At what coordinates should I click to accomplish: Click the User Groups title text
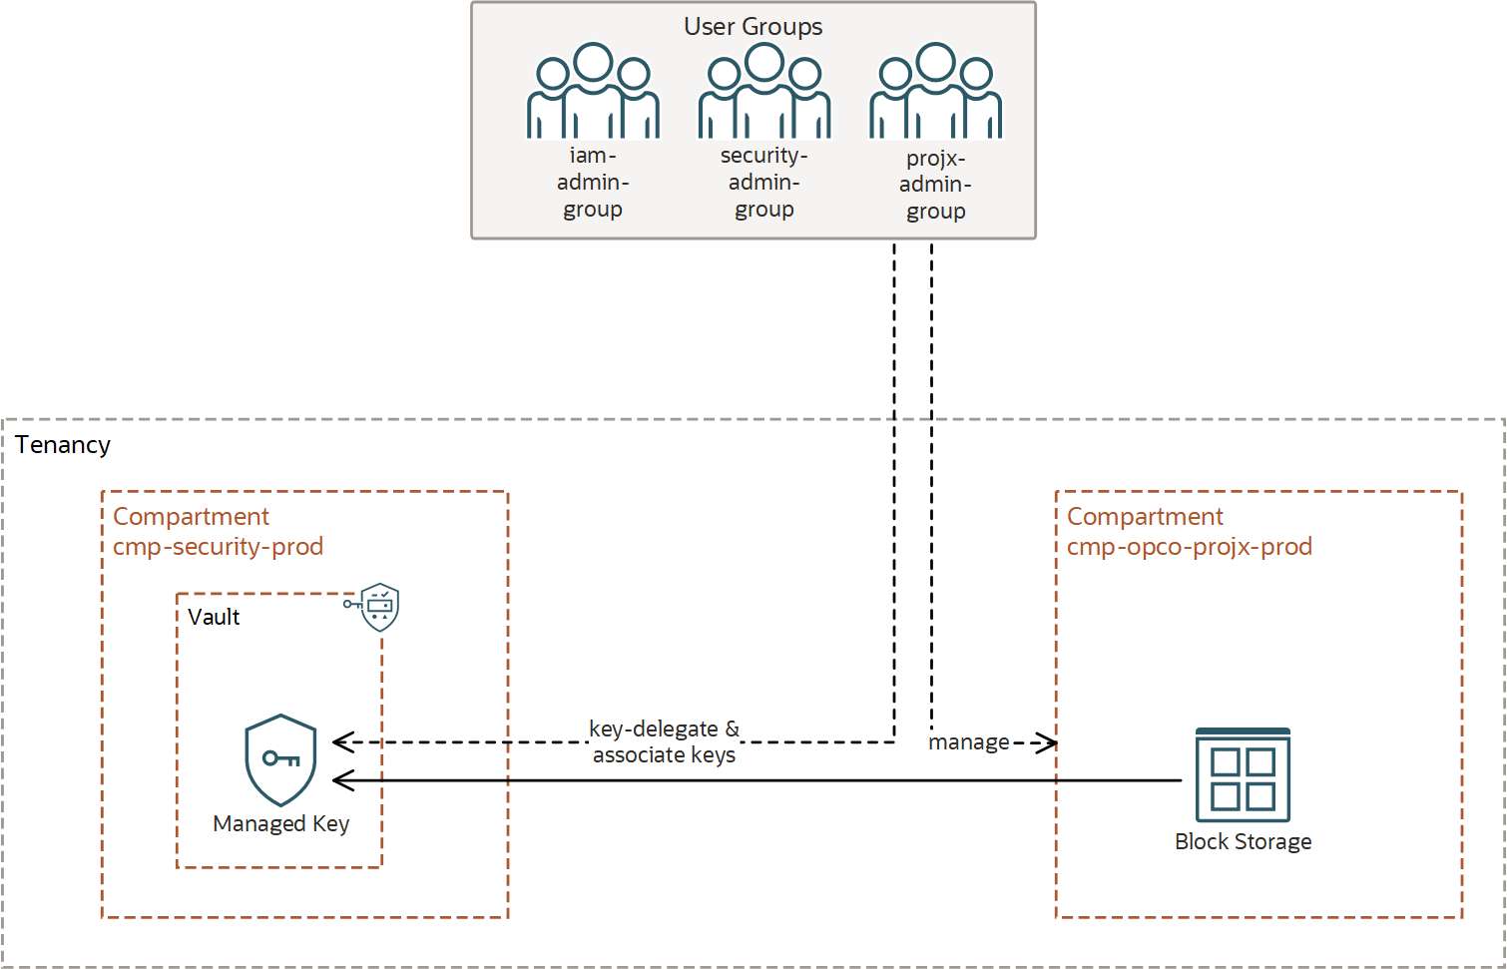coord(753,27)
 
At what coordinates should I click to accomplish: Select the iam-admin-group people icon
coord(593,92)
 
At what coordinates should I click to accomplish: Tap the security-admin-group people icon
coord(764,92)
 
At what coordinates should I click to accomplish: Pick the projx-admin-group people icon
coord(935,92)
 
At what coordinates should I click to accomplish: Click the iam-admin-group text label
coord(593,183)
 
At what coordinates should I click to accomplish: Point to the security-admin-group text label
coord(764,183)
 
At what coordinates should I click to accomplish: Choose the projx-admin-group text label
coord(935,185)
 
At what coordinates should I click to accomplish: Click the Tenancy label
coord(63,445)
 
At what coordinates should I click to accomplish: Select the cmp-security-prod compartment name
coord(218,547)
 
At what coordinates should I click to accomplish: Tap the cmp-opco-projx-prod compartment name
coord(1189,547)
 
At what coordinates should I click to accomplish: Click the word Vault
coord(214,617)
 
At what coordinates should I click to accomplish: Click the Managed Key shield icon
coord(280,759)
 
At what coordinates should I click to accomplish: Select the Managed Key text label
coord(280,824)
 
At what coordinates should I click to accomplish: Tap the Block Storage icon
coord(1243,775)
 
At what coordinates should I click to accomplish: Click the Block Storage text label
coord(1243,842)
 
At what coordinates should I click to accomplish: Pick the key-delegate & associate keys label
coord(664,742)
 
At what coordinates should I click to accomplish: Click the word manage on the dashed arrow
coord(969,742)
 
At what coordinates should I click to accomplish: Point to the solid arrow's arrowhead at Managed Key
coord(342,780)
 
